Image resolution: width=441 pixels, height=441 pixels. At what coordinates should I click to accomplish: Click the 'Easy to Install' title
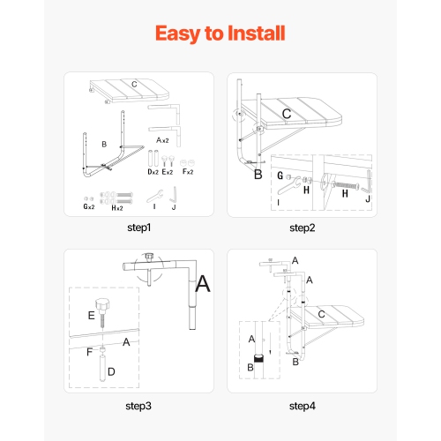coord(220,34)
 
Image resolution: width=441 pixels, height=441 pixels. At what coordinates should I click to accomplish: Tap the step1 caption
coord(138,228)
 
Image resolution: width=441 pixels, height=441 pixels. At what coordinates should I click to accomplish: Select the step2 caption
coord(303,228)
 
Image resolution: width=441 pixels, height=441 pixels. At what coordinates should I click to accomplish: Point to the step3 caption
coord(138,406)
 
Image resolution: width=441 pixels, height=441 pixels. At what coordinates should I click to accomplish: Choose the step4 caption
coord(303,406)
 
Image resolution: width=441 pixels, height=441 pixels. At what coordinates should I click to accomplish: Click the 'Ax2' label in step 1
coord(162,140)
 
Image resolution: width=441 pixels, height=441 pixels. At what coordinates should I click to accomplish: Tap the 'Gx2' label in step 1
coord(89,206)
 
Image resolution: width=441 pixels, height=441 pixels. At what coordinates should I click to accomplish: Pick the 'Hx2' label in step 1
coord(117,208)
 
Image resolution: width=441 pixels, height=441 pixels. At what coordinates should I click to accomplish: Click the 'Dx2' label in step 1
coord(153,172)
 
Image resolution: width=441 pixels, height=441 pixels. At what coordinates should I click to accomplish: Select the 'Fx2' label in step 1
coord(188,172)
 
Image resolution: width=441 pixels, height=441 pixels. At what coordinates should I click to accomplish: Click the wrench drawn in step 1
coord(155,196)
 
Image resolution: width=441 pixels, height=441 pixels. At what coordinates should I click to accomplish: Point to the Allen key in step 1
coord(175,195)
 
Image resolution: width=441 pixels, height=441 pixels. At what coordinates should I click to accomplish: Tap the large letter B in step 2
coord(258,175)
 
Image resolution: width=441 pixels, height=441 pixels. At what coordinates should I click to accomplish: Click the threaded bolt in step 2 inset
coord(346,185)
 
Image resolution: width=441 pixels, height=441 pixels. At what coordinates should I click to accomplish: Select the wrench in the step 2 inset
coord(289,186)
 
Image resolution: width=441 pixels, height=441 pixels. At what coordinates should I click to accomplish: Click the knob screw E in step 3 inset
coord(102,312)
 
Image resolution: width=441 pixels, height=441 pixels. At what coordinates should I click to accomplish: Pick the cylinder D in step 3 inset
coord(102,368)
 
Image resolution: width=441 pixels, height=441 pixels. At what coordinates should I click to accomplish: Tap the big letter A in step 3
coord(203,284)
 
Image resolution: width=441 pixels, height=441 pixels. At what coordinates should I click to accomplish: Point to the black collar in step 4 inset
coord(258,359)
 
